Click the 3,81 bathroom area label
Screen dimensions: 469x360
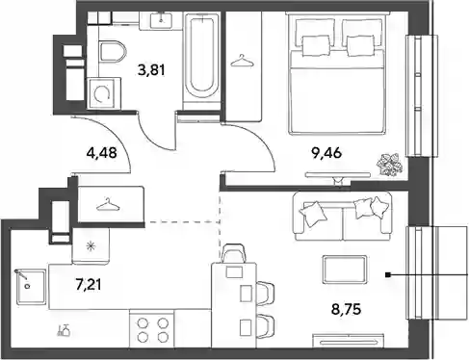click(151, 69)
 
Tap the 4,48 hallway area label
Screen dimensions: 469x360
click(101, 153)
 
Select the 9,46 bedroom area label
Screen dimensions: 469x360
click(326, 153)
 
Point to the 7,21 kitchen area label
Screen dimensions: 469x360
click(89, 284)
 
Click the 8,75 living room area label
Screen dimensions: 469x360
click(346, 309)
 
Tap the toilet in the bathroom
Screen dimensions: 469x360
click(113, 51)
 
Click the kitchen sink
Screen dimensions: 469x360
click(30, 287)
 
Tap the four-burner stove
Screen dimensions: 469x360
click(152, 328)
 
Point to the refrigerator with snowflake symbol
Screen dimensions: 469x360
click(91, 245)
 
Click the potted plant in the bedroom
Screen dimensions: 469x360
click(390, 165)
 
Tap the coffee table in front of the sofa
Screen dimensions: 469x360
click(345, 269)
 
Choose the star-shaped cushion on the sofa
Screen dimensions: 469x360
click(379, 206)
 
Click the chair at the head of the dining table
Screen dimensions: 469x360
click(234, 253)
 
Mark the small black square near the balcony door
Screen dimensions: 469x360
click(388, 275)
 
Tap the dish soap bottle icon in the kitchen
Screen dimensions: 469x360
click(64, 330)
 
